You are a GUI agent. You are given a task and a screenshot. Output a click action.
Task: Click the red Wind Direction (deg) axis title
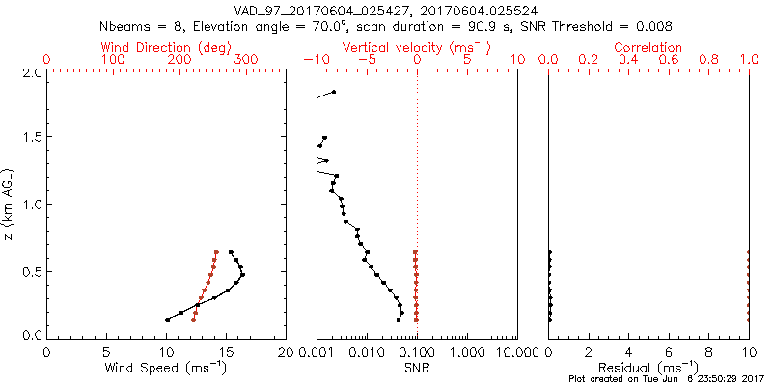166,47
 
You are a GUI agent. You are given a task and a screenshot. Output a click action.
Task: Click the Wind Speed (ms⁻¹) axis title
166,369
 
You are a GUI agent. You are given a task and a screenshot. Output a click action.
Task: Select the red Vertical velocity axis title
417,47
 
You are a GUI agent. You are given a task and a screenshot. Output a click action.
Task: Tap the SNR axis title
417,369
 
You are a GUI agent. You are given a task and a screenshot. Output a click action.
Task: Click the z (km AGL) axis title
11,204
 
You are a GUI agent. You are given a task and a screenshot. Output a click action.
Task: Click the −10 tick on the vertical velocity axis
315,60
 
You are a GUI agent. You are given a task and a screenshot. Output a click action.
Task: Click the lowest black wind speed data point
167,320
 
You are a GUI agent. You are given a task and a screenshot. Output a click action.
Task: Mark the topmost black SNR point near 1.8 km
334,92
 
